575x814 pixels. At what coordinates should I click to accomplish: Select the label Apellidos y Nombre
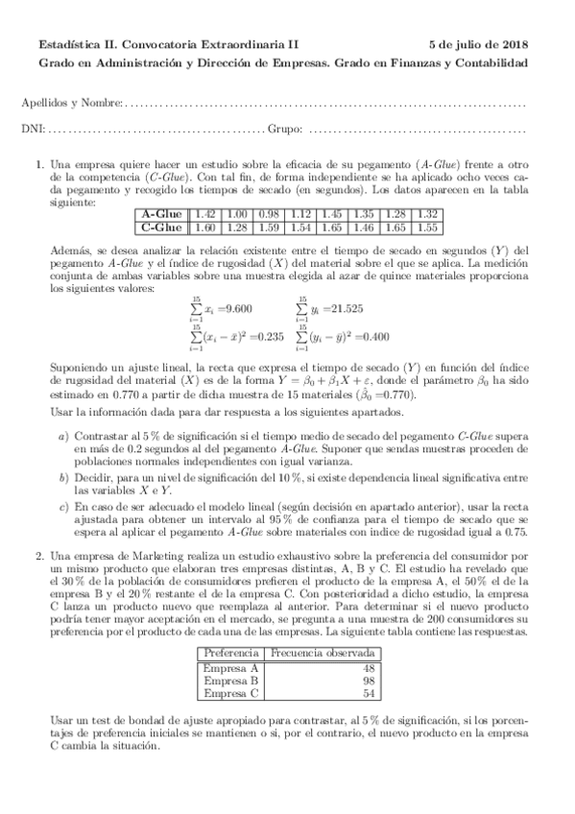(71, 102)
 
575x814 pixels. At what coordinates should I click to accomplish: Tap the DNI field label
(32, 129)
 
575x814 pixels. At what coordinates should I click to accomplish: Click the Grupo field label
(285, 129)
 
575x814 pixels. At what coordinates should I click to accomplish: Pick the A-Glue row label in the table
(161, 214)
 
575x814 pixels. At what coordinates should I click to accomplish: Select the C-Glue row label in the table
(161, 227)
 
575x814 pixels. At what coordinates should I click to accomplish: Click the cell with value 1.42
(204, 214)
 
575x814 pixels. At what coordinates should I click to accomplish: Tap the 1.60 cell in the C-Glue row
(204, 227)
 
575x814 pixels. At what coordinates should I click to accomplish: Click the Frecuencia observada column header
(320, 655)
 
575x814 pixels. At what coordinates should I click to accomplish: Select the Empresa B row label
(231, 680)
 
